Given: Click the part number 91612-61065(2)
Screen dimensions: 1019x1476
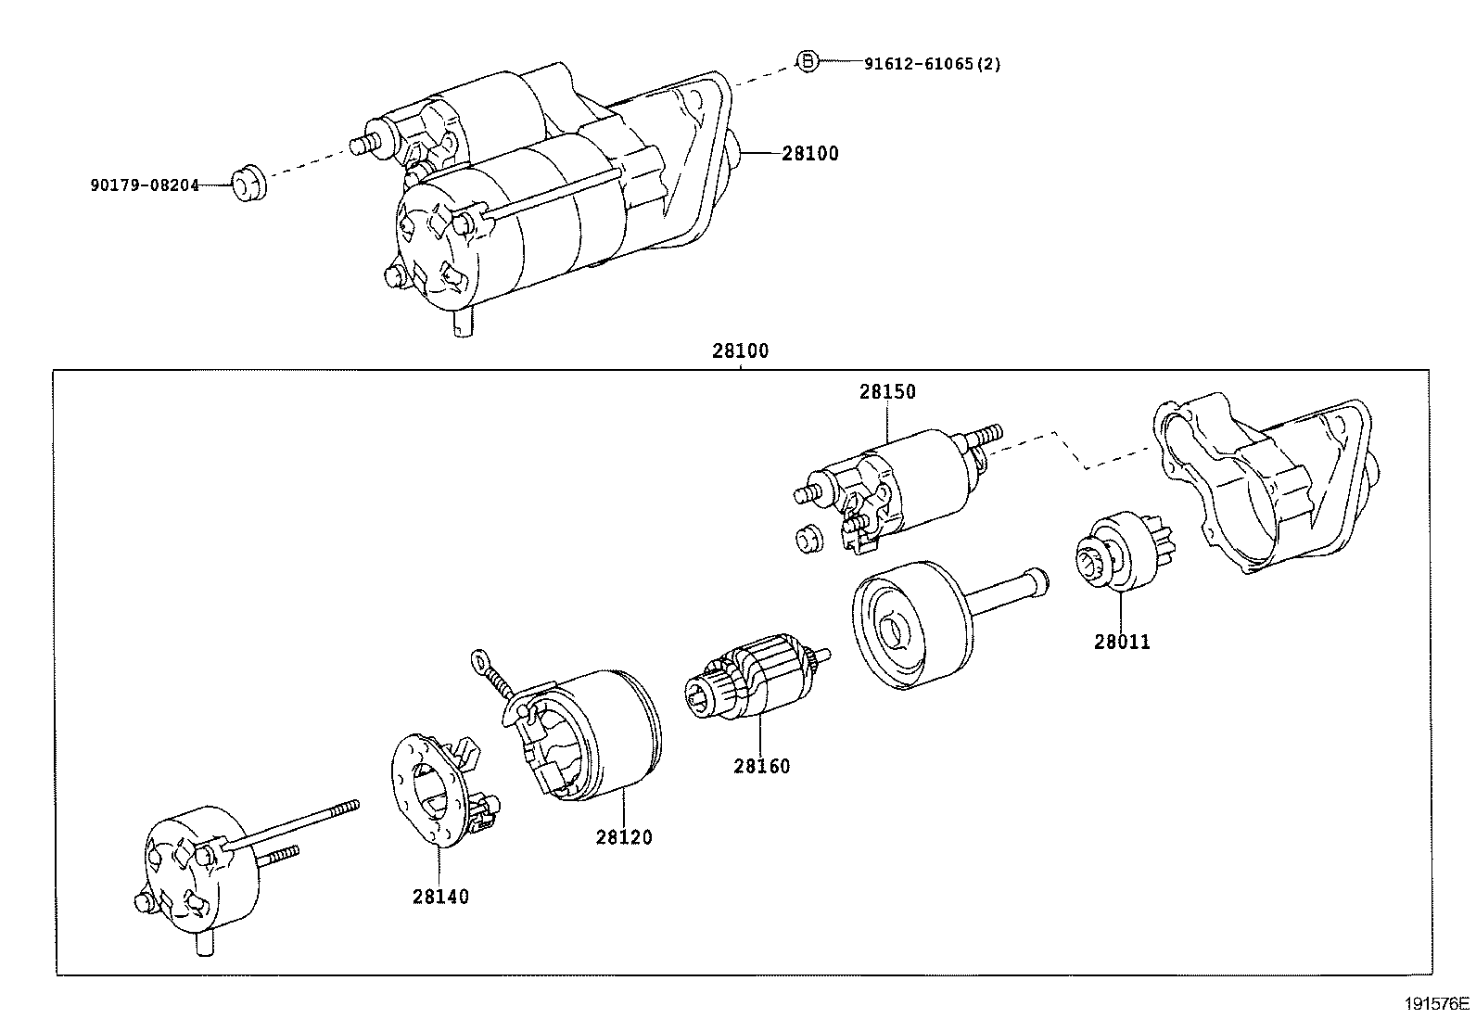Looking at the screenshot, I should tap(932, 64).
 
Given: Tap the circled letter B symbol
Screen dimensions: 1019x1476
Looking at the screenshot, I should tap(808, 62).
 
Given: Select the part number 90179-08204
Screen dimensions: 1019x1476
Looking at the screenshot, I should tap(145, 185).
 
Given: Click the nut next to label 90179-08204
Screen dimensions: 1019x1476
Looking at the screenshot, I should tap(247, 182).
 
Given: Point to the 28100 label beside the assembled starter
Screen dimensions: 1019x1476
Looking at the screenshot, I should tap(809, 154).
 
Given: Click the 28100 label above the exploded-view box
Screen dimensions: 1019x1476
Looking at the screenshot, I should tap(740, 351).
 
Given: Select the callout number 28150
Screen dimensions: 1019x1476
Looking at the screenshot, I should tap(886, 391).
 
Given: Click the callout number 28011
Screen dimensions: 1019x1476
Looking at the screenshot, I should tap(1122, 642).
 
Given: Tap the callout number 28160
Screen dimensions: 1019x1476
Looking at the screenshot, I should tap(762, 766).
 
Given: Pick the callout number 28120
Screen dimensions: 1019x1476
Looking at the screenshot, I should tap(624, 836).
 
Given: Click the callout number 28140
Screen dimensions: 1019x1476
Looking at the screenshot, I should tap(440, 897).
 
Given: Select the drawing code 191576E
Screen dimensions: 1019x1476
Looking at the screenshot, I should tap(1437, 1003).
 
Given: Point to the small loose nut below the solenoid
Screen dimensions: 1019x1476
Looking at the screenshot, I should tap(809, 538).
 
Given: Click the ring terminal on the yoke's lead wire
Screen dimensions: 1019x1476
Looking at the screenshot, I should tap(479, 660).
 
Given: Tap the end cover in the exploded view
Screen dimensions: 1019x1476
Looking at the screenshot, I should tap(199, 876).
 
